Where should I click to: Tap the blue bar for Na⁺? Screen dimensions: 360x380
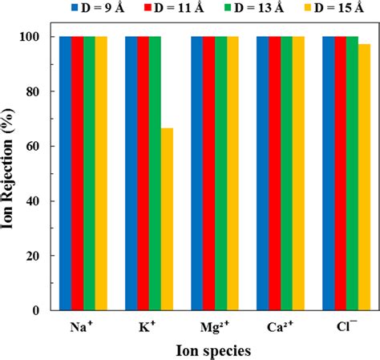pyautogui.click(x=65, y=173)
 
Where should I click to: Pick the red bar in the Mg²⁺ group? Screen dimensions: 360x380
pyautogui.click(x=208, y=173)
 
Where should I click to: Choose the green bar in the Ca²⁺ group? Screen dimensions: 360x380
pyautogui.click(x=286, y=173)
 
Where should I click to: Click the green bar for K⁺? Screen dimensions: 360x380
pyautogui.click(x=155, y=173)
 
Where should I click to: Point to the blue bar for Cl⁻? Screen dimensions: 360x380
pyautogui.click(x=328, y=173)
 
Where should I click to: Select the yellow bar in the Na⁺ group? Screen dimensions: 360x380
pyautogui.click(x=101, y=173)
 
